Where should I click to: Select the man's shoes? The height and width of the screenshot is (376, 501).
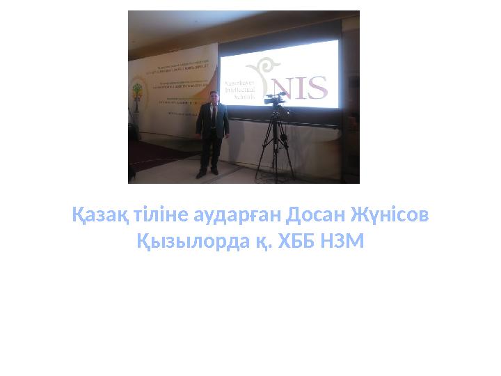209,173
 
